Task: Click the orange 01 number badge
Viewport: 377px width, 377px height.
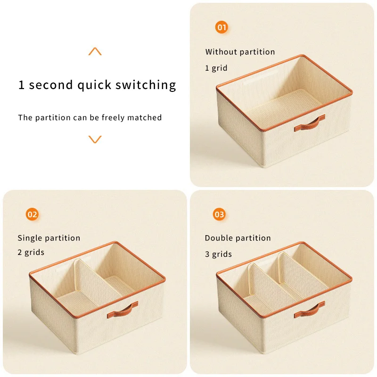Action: click(221, 27)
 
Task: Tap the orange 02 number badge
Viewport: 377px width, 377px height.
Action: click(32, 214)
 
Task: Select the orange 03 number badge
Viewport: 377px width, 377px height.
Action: click(219, 214)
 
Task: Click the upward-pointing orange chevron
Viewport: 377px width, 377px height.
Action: click(95, 51)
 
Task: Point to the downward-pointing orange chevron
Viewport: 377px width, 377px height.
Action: click(95, 139)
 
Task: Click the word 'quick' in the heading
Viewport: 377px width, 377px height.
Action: click(94, 85)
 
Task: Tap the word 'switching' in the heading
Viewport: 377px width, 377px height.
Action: click(146, 85)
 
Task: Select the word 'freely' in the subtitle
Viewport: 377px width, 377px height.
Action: click(113, 118)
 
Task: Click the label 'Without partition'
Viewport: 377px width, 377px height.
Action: click(240, 52)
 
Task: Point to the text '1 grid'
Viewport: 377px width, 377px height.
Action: click(216, 68)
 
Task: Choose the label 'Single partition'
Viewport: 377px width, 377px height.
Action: click(49, 238)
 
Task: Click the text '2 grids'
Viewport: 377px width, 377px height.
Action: click(31, 253)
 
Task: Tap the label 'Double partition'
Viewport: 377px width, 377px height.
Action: click(238, 238)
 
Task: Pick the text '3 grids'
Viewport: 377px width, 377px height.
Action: click(218, 254)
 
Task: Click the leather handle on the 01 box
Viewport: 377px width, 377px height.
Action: click(310, 123)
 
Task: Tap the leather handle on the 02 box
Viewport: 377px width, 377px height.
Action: click(123, 310)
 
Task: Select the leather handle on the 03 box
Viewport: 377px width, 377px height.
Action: click(310, 310)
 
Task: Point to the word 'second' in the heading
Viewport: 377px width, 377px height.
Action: click(51, 85)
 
